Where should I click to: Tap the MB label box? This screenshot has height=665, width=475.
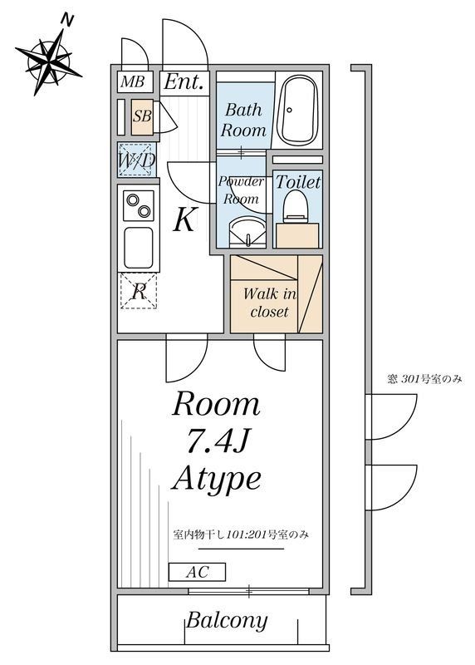pyautogui.click(x=131, y=81)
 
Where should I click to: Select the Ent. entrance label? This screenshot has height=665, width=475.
pyautogui.click(x=184, y=81)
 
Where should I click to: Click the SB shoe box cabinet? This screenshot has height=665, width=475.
pyautogui.click(x=142, y=116)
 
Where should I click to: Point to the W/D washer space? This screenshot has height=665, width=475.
pyautogui.click(x=135, y=160)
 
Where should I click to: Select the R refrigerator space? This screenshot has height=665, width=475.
pyautogui.click(x=139, y=291)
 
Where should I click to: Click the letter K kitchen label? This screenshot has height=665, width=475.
pyautogui.click(x=184, y=220)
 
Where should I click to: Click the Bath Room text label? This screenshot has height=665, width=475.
pyautogui.click(x=243, y=120)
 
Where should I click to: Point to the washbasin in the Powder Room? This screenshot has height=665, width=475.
pyautogui.click(x=244, y=230)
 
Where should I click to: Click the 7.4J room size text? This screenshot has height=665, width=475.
pyautogui.click(x=216, y=441)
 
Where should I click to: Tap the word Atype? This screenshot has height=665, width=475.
pyautogui.click(x=217, y=479)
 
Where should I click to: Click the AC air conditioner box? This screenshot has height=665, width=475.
pyautogui.click(x=196, y=572)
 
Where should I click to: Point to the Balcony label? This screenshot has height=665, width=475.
pyautogui.click(x=227, y=620)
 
